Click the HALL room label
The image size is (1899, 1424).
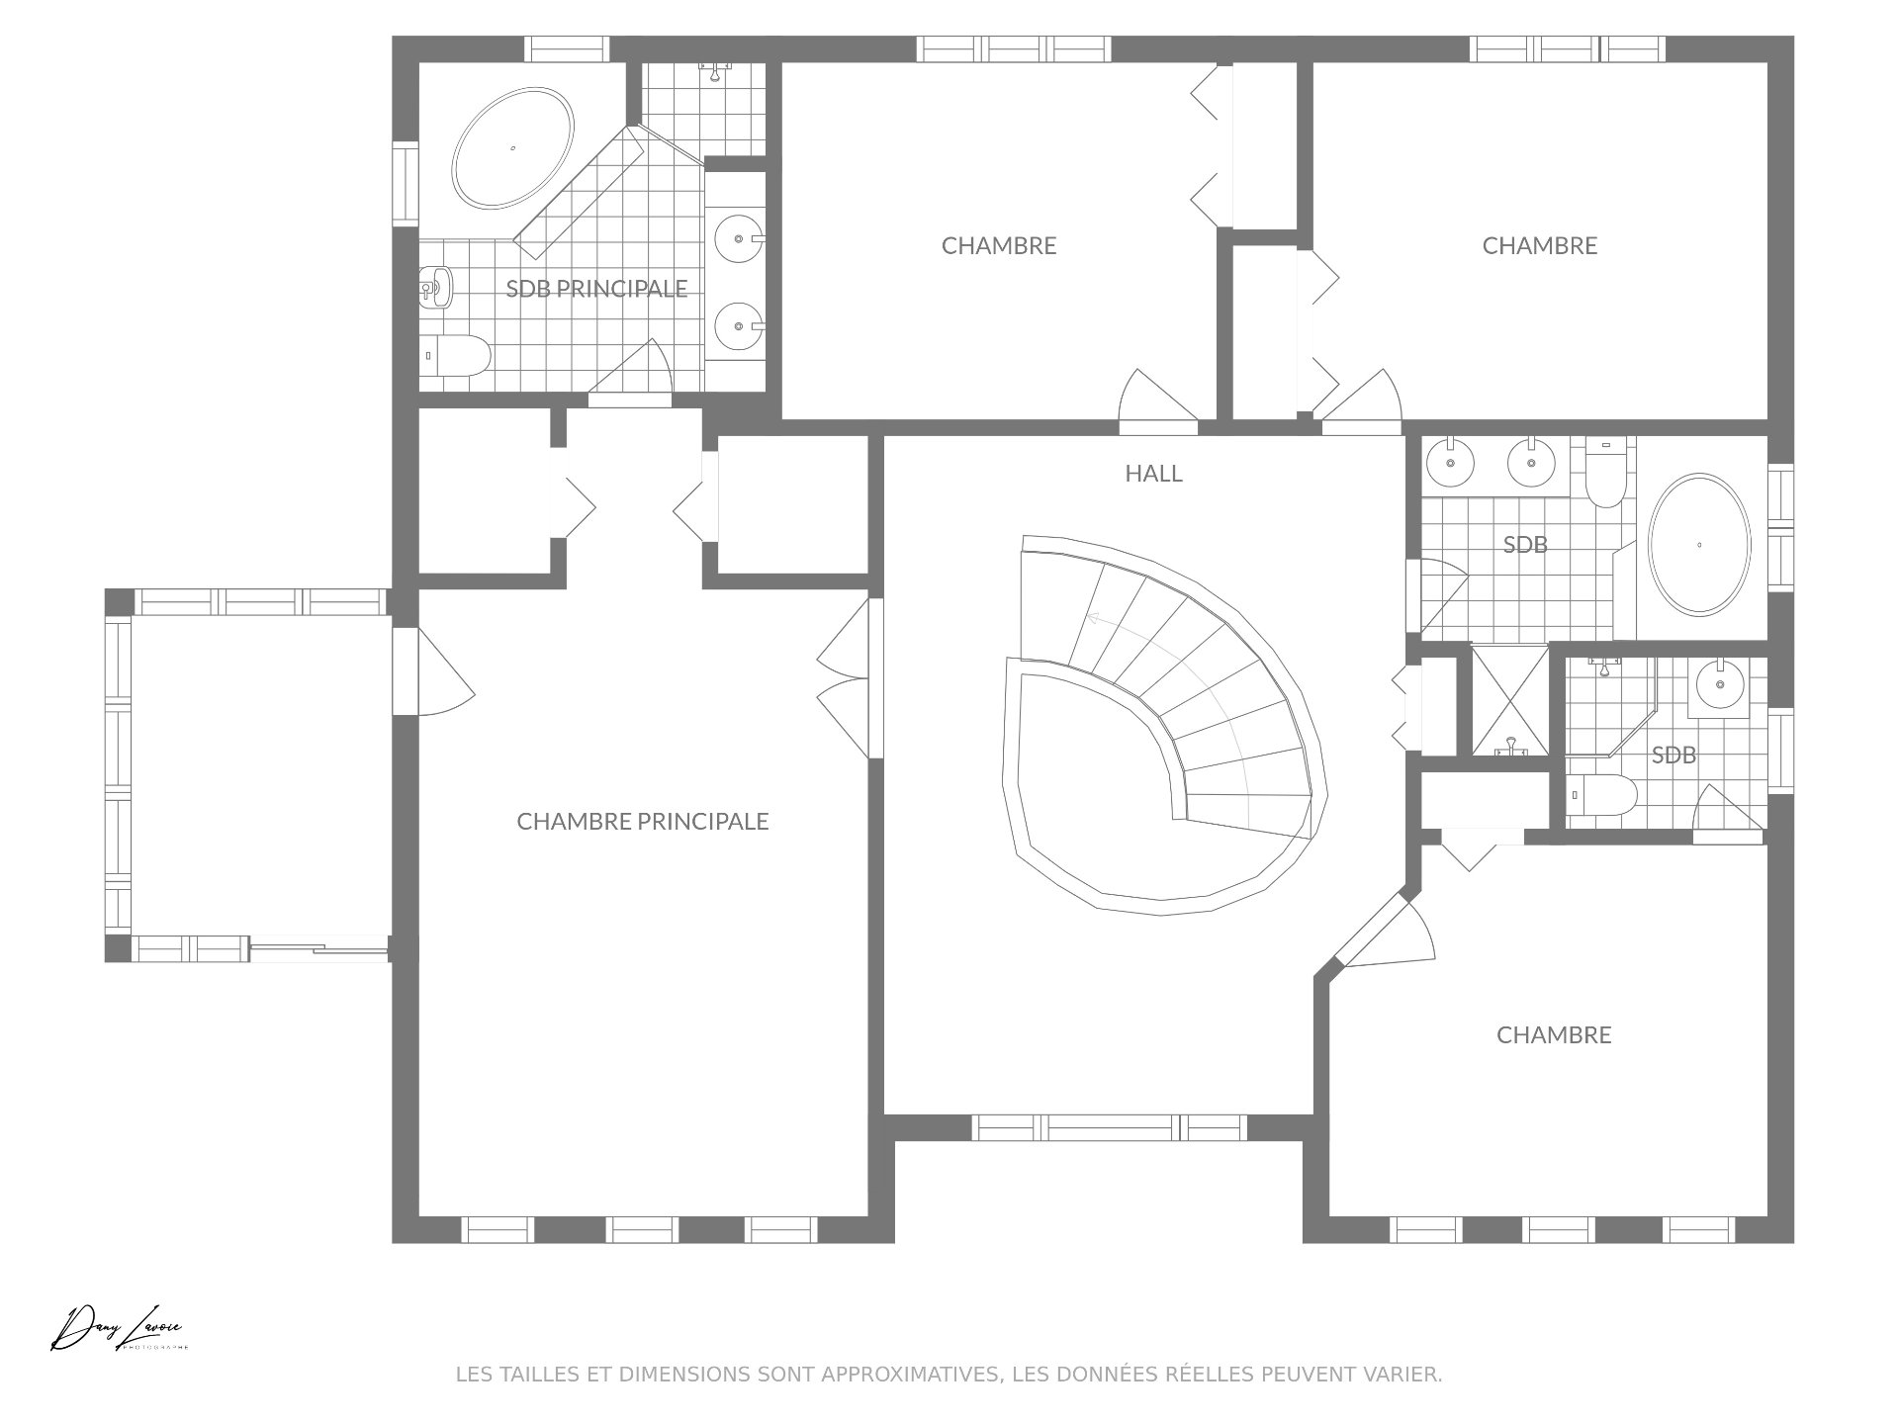(1153, 474)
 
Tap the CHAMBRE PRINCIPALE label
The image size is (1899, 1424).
(643, 822)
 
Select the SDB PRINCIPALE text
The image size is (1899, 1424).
(596, 289)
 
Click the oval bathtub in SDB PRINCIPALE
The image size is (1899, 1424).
(512, 148)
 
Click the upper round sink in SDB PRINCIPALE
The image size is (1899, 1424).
(737, 238)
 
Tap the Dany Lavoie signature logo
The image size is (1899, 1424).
(120, 1328)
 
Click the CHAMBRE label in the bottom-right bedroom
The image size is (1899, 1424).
(1554, 1035)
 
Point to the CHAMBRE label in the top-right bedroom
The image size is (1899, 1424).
(1540, 245)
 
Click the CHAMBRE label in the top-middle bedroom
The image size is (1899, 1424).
(999, 245)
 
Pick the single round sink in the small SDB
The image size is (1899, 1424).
(1720, 682)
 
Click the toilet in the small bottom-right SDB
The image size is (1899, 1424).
(1601, 795)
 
